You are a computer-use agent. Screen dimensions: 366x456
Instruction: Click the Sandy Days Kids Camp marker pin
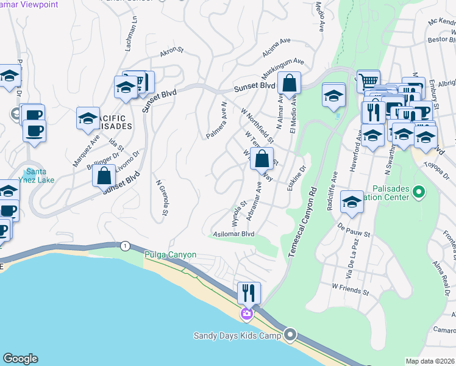click(x=290, y=334)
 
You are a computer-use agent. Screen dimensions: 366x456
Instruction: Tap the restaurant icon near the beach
click(x=249, y=293)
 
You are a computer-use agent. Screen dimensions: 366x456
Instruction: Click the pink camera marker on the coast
click(x=246, y=314)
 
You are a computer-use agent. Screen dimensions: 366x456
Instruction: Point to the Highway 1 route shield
click(x=125, y=245)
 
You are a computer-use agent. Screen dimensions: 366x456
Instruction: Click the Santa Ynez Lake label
click(x=37, y=176)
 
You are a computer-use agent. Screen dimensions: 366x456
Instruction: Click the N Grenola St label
click(x=162, y=197)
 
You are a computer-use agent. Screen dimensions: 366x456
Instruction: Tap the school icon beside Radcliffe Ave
click(x=352, y=202)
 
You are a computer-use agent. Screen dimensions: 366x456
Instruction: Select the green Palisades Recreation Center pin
click(x=418, y=193)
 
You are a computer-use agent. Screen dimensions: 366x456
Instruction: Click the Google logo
click(x=20, y=359)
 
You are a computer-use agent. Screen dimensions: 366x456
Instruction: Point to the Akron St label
click(x=172, y=53)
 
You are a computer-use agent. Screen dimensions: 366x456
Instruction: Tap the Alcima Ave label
click(x=276, y=48)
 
